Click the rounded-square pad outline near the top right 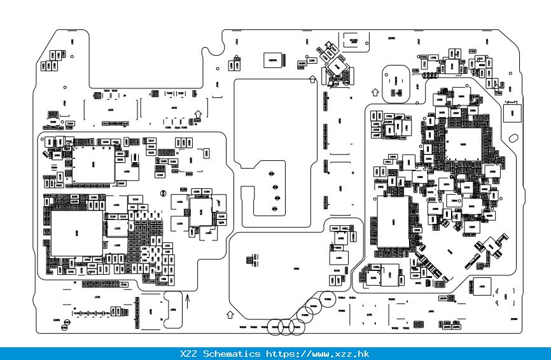pyautogui.click(x=394, y=81)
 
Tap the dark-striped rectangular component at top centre pyautogui.click(x=274, y=60)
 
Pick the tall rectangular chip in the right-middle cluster pyautogui.click(x=392, y=221)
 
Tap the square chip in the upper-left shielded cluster pyautogui.click(x=93, y=163)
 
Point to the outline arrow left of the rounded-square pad pyautogui.click(x=375, y=92)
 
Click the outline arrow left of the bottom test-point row pyautogui.click(x=230, y=314)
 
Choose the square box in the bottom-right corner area pyautogui.click(x=483, y=287)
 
